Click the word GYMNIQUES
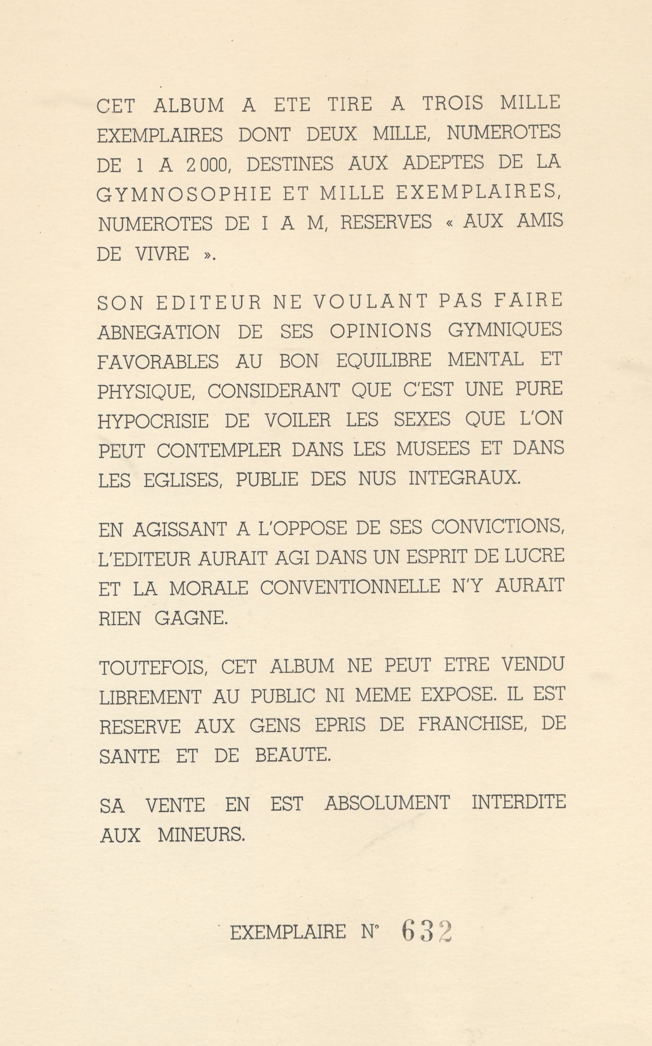pyautogui.click(x=505, y=330)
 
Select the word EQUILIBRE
pyautogui.click(x=383, y=360)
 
